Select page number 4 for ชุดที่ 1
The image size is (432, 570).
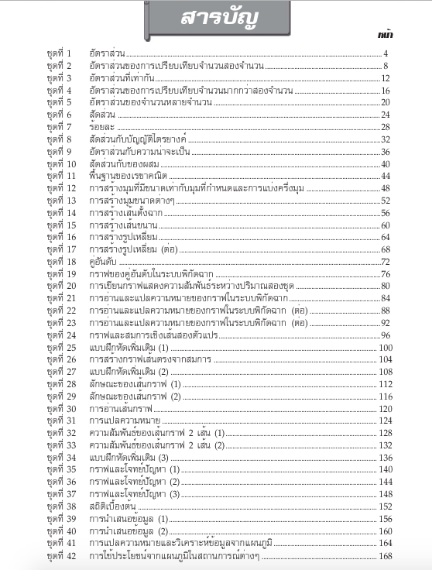pos(385,53)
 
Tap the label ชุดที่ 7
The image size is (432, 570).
pos(59,127)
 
